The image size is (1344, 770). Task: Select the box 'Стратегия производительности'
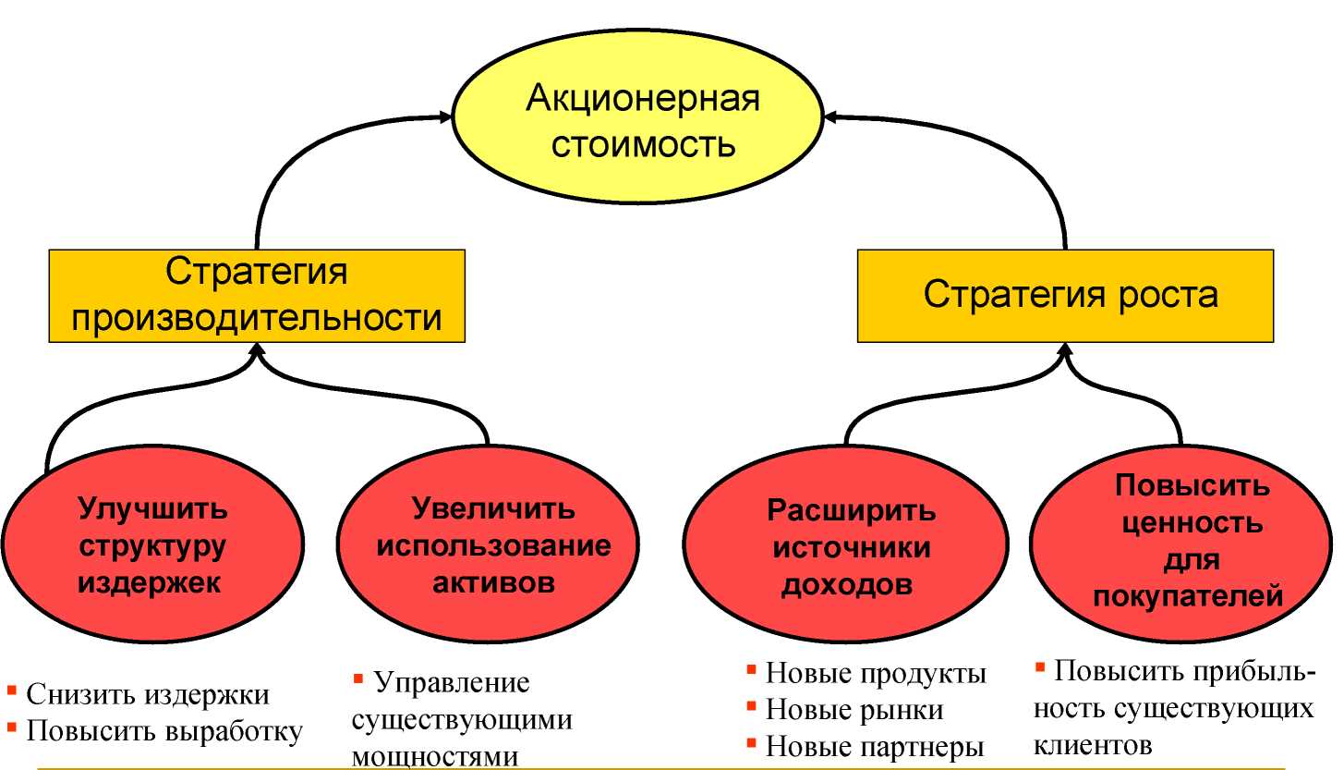tap(257, 296)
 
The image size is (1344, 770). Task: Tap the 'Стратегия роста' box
tap(1066, 296)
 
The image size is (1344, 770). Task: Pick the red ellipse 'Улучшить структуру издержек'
tap(152, 544)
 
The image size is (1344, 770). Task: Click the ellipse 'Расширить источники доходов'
tap(846, 544)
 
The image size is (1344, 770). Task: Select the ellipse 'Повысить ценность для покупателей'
tap(1181, 544)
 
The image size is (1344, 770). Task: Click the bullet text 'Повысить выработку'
tap(164, 731)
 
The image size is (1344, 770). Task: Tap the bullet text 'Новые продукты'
tap(876, 673)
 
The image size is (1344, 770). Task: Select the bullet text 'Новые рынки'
tap(854, 711)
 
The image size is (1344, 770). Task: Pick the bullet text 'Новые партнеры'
tap(875, 747)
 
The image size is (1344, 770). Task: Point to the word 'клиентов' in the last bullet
tap(1093, 745)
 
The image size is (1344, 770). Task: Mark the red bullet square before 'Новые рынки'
tap(751, 705)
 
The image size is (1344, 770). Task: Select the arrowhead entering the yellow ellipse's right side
tap(831, 117)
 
